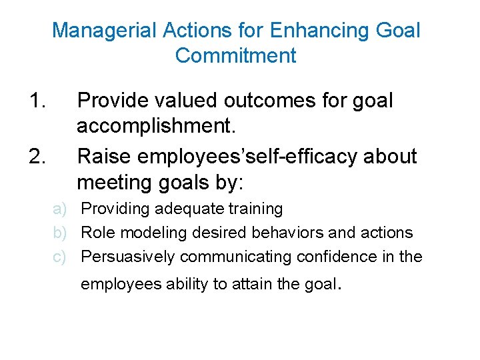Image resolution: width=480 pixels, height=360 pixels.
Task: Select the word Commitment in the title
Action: [235, 55]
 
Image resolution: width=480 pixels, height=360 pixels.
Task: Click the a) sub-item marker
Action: [61, 209]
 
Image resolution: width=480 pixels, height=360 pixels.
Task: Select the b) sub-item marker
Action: [61, 233]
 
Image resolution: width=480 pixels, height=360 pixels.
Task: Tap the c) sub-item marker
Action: [61, 257]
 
